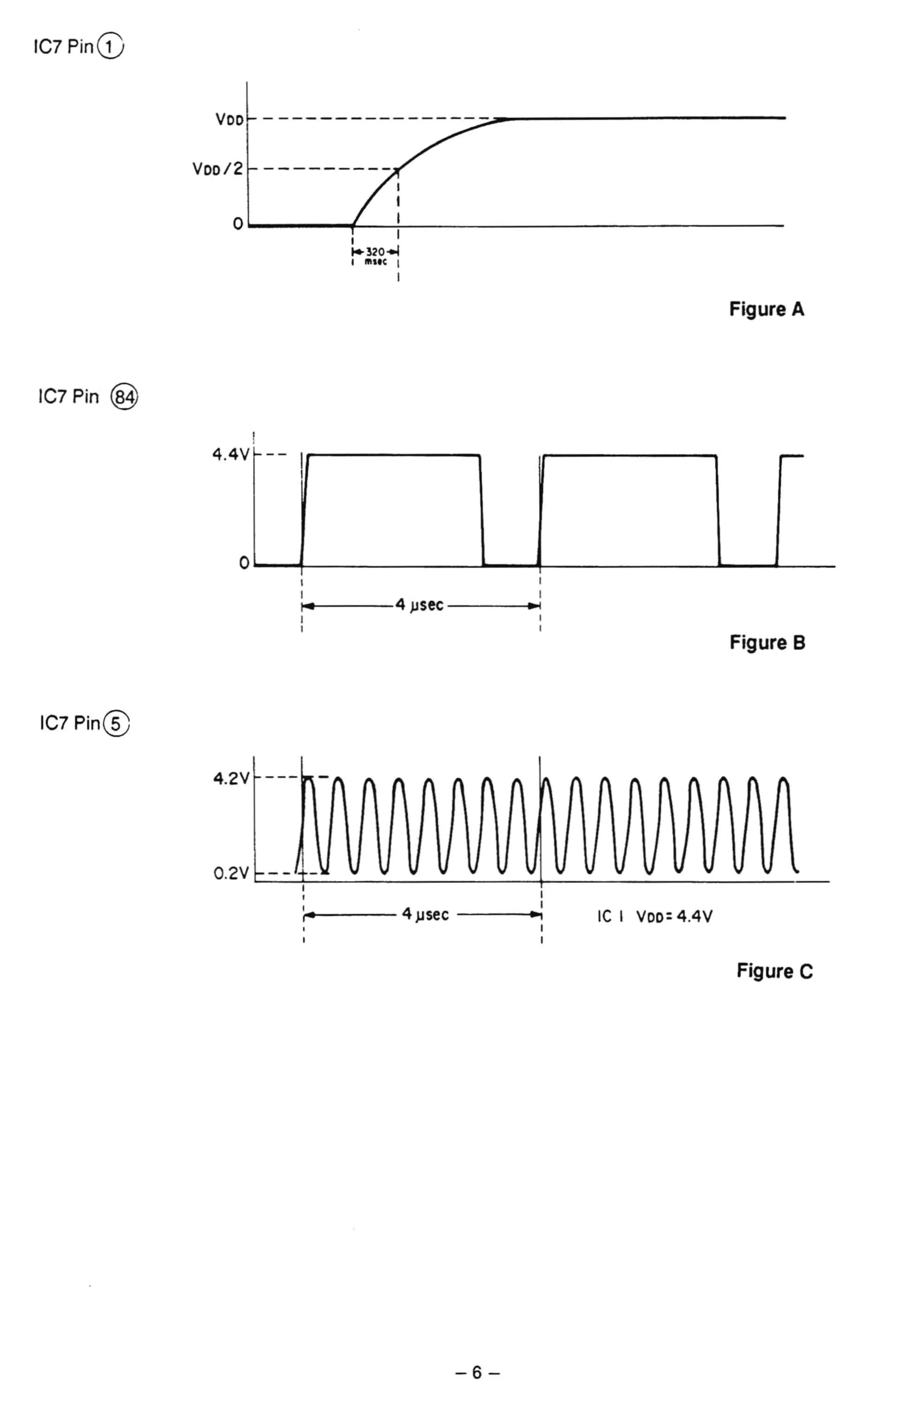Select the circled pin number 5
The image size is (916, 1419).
116,724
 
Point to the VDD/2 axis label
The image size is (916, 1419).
218,169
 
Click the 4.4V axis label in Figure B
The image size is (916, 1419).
231,455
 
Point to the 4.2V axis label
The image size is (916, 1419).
231,778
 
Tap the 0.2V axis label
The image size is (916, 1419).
231,874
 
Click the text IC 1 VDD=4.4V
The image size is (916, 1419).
654,916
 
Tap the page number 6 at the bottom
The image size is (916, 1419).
477,1373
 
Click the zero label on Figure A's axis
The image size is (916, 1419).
238,224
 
